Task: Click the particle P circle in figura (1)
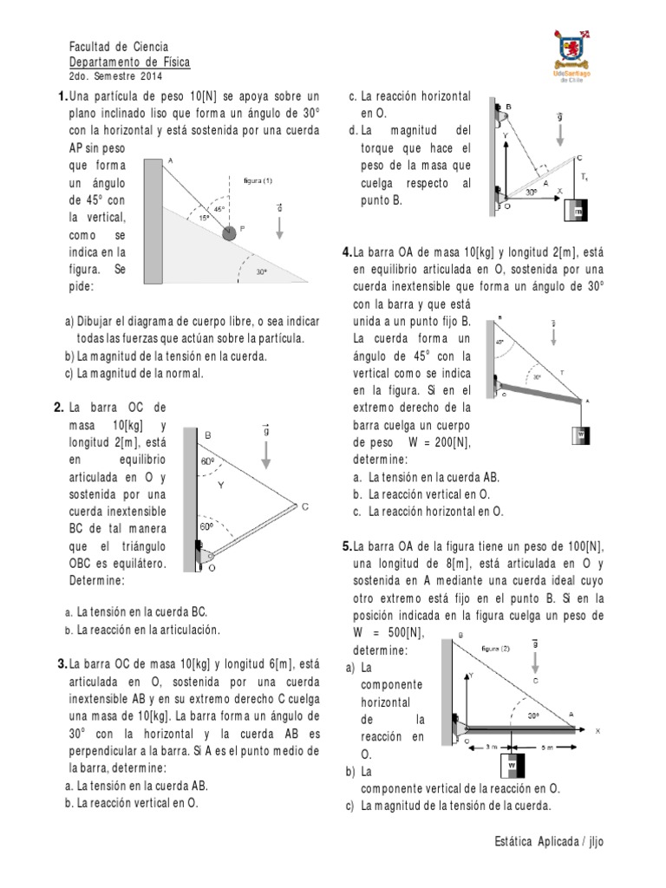click(229, 232)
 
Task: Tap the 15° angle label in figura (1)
click(203, 219)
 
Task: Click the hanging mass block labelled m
click(575, 211)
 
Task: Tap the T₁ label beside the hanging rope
click(584, 178)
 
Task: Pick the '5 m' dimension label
click(550, 745)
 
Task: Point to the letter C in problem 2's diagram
click(304, 506)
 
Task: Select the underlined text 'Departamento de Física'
click(128, 62)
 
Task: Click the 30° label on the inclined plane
click(260, 271)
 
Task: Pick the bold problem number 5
click(347, 546)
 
